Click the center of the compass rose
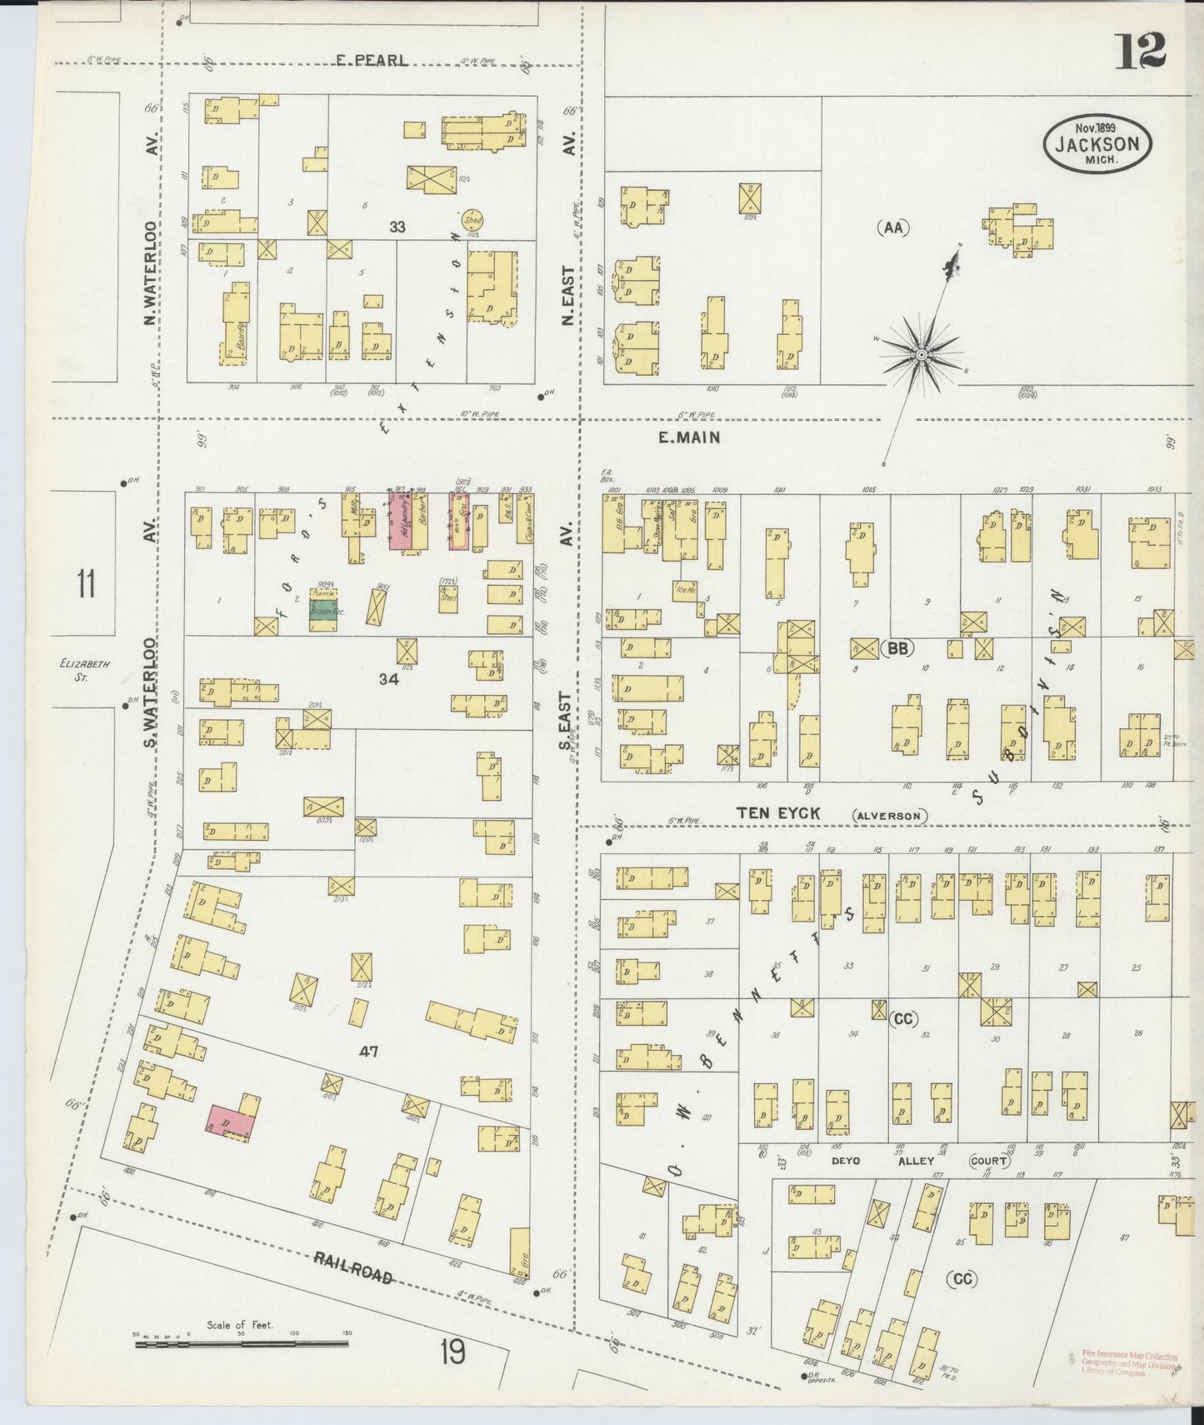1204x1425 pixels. click(x=922, y=356)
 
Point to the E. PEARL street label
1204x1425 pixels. click(x=372, y=60)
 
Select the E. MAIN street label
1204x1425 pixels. click(x=689, y=437)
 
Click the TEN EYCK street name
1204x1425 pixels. click(x=779, y=812)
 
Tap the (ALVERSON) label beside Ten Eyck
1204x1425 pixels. click(x=889, y=816)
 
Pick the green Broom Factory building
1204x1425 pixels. click(x=327, y=610)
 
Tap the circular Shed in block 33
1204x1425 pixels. click(x=473, y=220)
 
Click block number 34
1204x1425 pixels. click(x=388, y=679)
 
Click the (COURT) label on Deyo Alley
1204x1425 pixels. click(x=990, y=1160)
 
